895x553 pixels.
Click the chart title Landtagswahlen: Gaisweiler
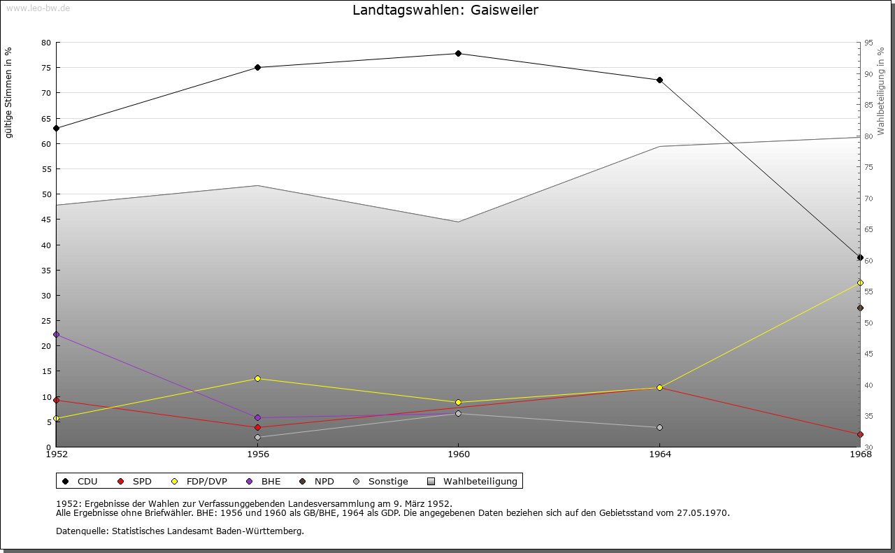445,10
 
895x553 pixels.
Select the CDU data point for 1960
458,53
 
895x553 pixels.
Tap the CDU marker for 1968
860,257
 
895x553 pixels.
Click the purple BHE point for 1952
56,334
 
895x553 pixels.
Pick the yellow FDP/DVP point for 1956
257,378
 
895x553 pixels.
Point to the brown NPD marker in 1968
860,308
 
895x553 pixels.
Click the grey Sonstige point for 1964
659,427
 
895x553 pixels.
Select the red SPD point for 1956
257,427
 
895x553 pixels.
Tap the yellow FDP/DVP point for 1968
860,282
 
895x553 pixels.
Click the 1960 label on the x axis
458,454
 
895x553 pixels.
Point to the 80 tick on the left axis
46,43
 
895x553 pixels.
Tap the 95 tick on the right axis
868,43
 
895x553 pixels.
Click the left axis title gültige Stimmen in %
9,92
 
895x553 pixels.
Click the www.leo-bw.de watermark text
37,8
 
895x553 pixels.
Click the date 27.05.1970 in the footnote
703,512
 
